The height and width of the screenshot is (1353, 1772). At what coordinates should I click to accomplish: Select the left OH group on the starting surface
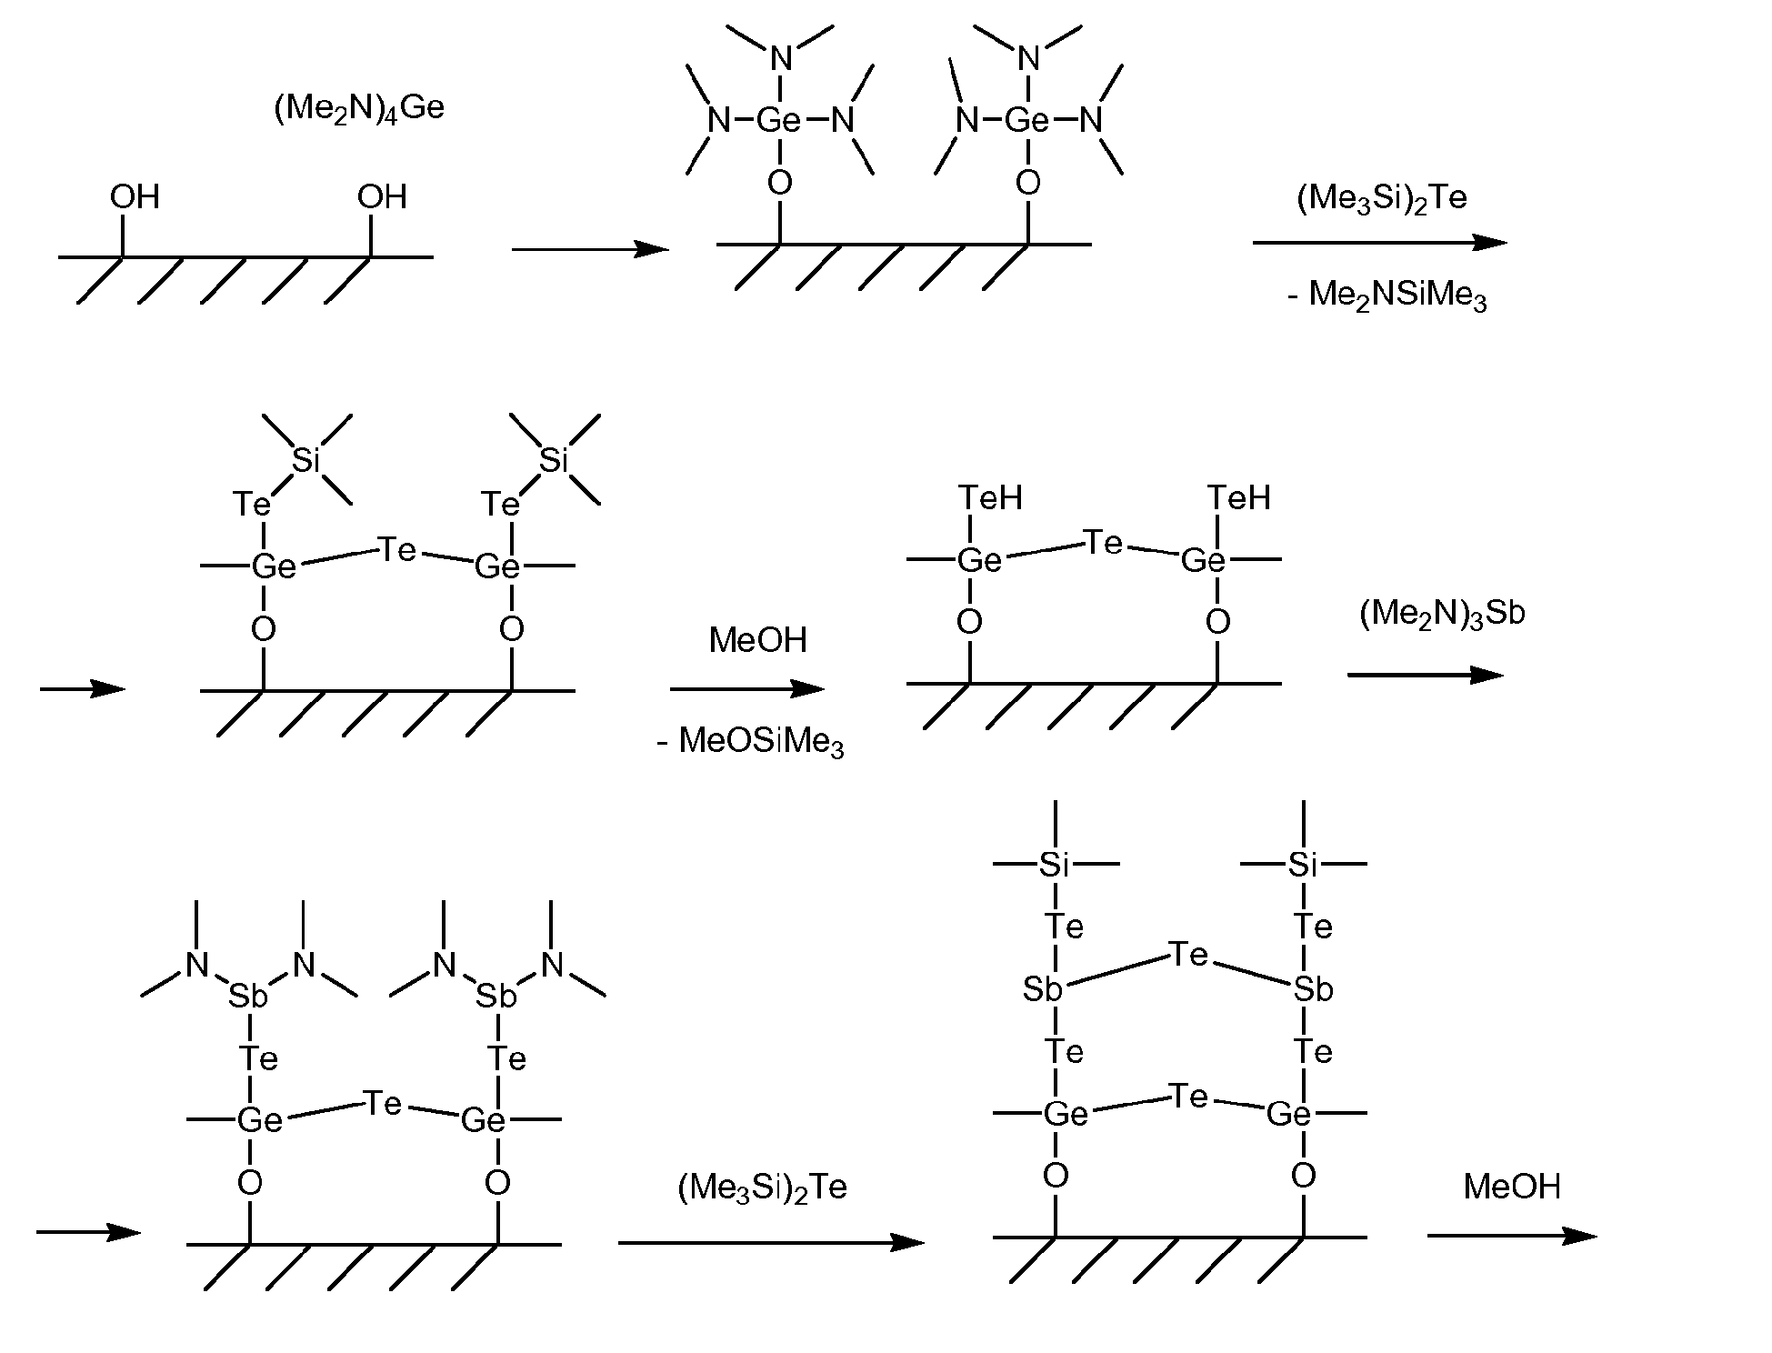pos(135,196)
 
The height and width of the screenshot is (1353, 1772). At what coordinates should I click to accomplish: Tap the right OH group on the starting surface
pos(382,196)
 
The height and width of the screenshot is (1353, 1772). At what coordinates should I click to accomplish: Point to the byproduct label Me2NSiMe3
pos(1387,296)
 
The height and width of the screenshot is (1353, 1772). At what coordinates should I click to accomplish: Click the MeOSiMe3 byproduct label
pos(750,742)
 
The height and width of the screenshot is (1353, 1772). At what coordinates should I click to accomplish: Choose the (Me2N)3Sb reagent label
pos(1442,614)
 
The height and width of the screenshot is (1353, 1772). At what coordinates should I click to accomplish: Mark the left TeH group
pos(991,497)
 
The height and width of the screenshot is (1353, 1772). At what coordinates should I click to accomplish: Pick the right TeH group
pos(1239,497)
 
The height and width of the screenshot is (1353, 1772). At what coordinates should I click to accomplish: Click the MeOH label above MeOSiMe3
pos(757,640)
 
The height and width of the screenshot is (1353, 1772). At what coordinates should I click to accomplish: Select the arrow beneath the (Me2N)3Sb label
pos(1426,675)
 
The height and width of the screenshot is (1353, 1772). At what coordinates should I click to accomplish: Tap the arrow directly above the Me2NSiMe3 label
pos(1380,242)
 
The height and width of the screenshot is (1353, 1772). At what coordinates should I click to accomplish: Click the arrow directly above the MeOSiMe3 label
pos(747,688)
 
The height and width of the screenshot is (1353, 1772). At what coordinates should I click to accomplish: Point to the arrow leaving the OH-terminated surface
pos(590,248)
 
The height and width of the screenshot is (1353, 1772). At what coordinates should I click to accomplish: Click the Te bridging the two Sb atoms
pos(1188,955)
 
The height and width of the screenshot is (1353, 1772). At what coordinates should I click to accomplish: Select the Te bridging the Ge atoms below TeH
pos(1104,544)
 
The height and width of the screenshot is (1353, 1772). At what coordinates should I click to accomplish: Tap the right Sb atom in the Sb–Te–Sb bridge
pos(1313,989)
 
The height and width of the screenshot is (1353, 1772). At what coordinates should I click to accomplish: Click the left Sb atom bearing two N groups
pos(247,997)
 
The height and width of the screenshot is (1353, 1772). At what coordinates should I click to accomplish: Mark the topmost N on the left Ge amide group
pos(780,59)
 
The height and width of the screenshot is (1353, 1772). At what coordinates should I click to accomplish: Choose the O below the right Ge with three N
pos(1027,184)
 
